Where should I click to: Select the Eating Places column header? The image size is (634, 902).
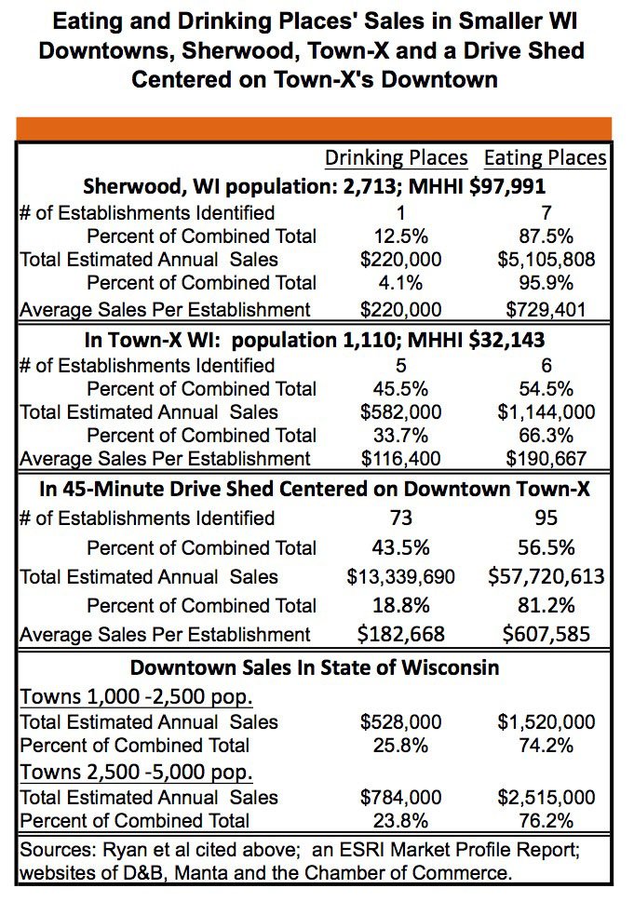click(x=546, y=157)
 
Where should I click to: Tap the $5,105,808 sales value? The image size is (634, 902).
click(x=546, y=260)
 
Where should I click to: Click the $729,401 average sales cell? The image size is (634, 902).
click(x=546, y=308)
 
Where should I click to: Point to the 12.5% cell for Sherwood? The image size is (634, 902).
click(x=399, y=236)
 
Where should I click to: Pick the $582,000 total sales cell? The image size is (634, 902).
click(x=399, y=411)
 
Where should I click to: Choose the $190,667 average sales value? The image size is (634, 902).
click(x=546, y=458)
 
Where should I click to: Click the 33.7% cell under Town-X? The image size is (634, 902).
click(x=399, y=435)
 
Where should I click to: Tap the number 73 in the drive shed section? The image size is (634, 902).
click(x=399, y=518)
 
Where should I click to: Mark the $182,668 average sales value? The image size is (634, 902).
click(x=401, y=635)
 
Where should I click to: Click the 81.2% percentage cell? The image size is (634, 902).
click(x=546, y=606)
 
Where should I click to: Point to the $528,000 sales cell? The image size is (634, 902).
click(x=401, y=721)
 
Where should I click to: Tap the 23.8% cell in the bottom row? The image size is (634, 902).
click(x=401, y=820)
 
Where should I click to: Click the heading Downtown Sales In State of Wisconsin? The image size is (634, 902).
click(x=314, y=667)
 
